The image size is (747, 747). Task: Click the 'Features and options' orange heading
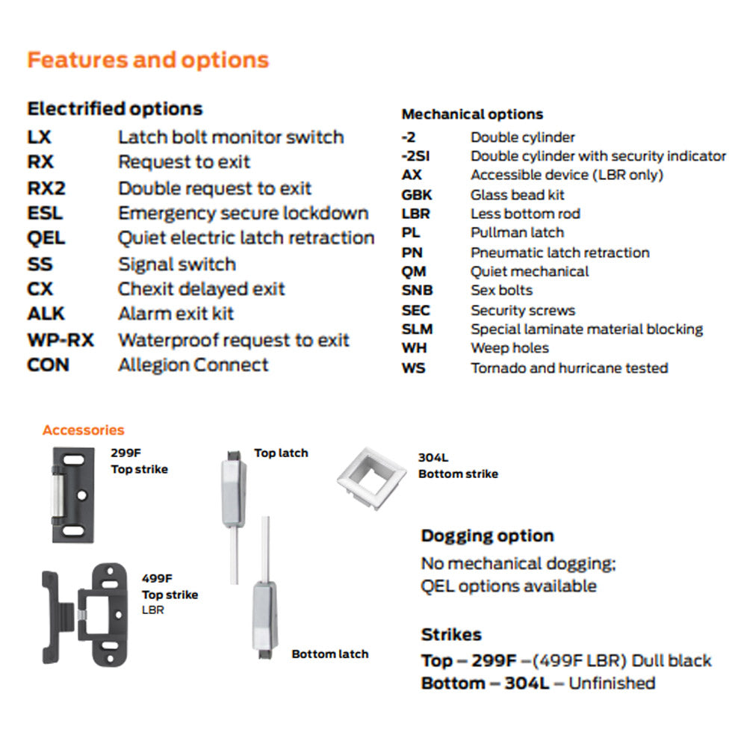148,60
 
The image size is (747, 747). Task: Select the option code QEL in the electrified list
46,238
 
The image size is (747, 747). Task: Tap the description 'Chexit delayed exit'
202,289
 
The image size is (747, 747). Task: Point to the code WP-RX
61,340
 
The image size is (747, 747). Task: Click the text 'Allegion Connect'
193,365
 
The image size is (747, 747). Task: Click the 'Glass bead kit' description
518,195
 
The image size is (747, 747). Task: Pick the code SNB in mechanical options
417,291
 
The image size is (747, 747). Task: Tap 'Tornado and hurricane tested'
569,368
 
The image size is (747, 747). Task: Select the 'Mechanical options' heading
472,114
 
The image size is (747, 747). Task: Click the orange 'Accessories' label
83,430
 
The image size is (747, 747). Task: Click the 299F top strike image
72,495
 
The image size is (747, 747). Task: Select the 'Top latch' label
281,453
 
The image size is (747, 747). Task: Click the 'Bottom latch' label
329,654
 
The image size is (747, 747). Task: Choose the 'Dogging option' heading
487,536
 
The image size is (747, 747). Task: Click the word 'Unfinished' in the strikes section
612,683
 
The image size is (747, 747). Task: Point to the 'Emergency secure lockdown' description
243,213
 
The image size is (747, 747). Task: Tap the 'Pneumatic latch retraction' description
560,252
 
